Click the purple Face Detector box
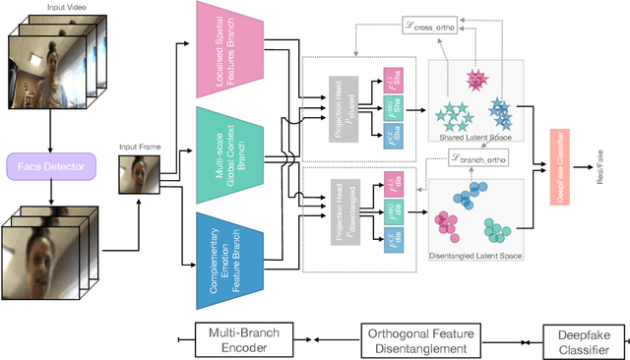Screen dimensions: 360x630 (x=48, y=167)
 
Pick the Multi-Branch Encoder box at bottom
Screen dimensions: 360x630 (x=241, y=335)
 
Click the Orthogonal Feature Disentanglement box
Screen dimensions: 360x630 (x=424, y=335)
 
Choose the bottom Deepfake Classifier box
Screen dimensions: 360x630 (x=578, y=335)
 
